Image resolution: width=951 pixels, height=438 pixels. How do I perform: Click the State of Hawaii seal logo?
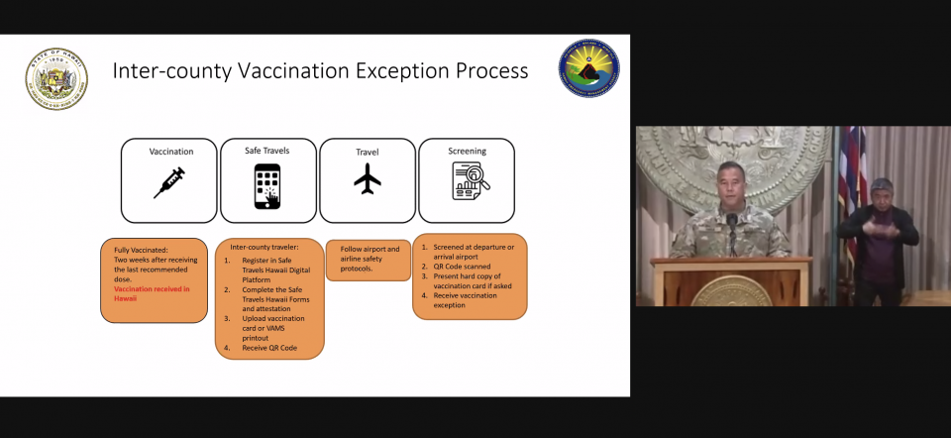pyautogui.click(x=56, y=79)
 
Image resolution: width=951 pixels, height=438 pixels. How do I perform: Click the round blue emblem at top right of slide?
pyautogui.click(x=588, y=68)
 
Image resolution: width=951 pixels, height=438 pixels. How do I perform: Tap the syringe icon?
pyautogui.click(x=168, y=183)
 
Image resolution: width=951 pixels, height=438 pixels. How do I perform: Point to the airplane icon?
pyautogui.click(x=367, y=179)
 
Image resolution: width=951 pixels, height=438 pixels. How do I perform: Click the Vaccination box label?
pyautogui.click(x=170, y=152)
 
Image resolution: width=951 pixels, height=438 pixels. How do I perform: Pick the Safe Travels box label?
pyautogui.click(x=267, y=150)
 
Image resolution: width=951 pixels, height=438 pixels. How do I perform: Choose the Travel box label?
pyautogui.click(x=367, y=152)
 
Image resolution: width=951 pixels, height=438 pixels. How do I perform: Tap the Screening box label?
pyautogui.click(x=467, y=151)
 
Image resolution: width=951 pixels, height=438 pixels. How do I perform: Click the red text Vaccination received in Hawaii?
pyautogui.click(x=151, y=293)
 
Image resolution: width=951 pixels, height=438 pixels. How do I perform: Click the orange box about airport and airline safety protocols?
pyautogui.click(x=368, y=259)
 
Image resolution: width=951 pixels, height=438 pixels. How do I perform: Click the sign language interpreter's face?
pyautogui.click(x=883, y=193)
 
